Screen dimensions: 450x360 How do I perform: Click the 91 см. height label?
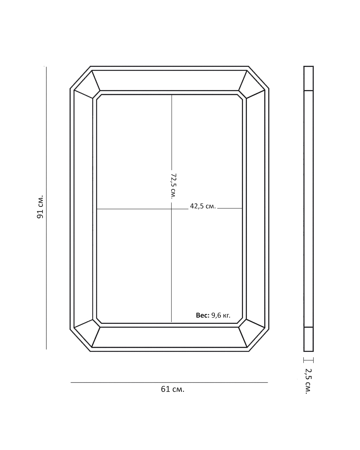point(40,207)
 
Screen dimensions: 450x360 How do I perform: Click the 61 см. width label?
point(172,389)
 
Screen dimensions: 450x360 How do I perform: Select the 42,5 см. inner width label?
point(203,206)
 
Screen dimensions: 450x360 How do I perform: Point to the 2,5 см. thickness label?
point(308,381)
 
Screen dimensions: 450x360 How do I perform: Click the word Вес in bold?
point(202,315)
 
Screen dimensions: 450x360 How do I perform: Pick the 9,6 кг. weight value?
point(221,315)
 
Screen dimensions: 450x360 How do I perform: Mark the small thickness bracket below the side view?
point(308,360)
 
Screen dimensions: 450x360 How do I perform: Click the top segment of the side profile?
point(308,78)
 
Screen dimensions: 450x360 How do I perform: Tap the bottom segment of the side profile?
point(308,339)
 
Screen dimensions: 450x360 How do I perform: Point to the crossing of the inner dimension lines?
point(172,209)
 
